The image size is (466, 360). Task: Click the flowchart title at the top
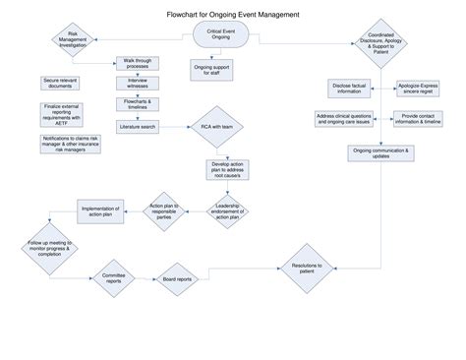233,15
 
